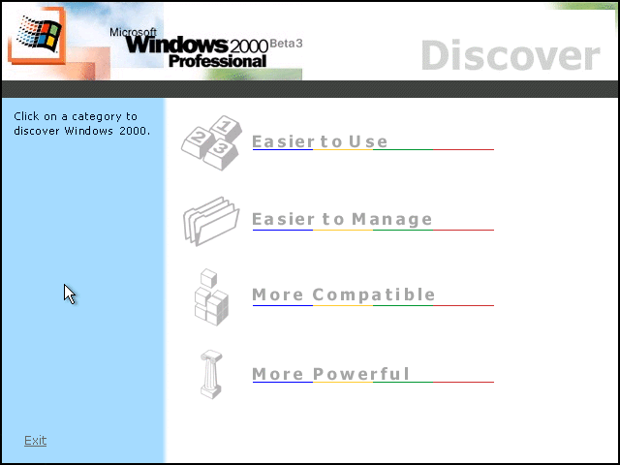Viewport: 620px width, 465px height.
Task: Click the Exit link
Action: tap(35, 441)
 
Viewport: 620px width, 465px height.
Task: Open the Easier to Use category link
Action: tap(320, 141)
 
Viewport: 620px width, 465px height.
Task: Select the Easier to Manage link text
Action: tap(342, 220)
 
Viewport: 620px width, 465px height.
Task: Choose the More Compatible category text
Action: tap(343, 294)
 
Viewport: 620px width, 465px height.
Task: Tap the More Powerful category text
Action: tap(330, 374)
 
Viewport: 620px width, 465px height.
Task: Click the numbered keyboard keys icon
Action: tap(211, 142)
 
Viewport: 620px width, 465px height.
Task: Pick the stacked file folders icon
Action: tap(211, 222)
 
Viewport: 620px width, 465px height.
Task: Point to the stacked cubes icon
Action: tap(211, 297)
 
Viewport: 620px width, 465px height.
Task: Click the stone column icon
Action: tap(211, 374)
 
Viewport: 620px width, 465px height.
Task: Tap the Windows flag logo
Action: tap(39, 34)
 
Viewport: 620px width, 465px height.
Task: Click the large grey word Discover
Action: tap(511, 55)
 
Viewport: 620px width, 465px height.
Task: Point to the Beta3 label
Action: tap(286, 44)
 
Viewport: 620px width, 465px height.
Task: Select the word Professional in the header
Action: tap(217, 61)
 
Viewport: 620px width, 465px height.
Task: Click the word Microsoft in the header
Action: tap(133, 32)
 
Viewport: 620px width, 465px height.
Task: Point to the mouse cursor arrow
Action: tap(70, 294)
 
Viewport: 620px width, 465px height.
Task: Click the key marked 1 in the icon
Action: tap(226, 128)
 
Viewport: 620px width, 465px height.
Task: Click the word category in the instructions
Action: tap(94, 117)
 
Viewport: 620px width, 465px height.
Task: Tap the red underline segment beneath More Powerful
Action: tap(463, 382)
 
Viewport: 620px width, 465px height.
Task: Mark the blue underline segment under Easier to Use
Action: tap(283, 149)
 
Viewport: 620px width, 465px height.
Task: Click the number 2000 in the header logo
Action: tap(249, 47)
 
